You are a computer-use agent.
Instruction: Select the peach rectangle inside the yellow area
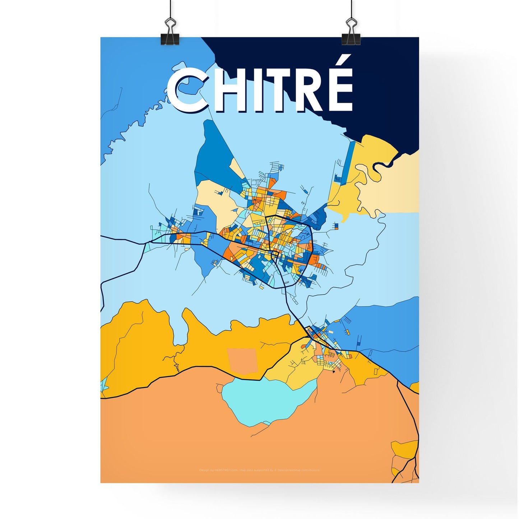(x=242, y=360)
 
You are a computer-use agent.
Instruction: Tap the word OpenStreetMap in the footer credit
(x=289, y=470)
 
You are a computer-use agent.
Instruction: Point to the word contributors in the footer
(x=310, y=470)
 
